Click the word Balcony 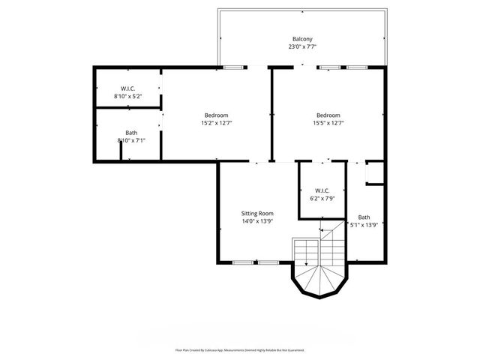pyautogui.click(x=302, y=38)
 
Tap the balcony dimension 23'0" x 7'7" pyautogui.click(x=302, y=46)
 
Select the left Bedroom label pyautogui.click(x=216, y=115)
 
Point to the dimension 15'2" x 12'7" pyautogui.click(x=216, y=123)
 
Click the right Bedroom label pyautogui.click(x=328, y=115)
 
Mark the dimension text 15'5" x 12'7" pyautogui.click(x=328, y=123)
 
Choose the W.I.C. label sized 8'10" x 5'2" pyautogui.click(x=127, y=88)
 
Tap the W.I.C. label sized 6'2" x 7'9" pyautogui.click(x=322, y=190)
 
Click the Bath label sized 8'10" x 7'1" pyautogui.click(x=131, y=132)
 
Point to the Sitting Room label pyautogui.click(x=257, y=213)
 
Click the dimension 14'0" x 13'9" pyautogui.click(x=257, y=221)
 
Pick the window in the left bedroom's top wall pyautogui.click(x=232, y=67)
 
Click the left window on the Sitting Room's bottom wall pyautogui.click(x=242, y=262)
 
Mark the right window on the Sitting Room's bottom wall pyautogui.click(x=268, y=262)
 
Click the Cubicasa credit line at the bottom pyautogui.click(x=240, y=349)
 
